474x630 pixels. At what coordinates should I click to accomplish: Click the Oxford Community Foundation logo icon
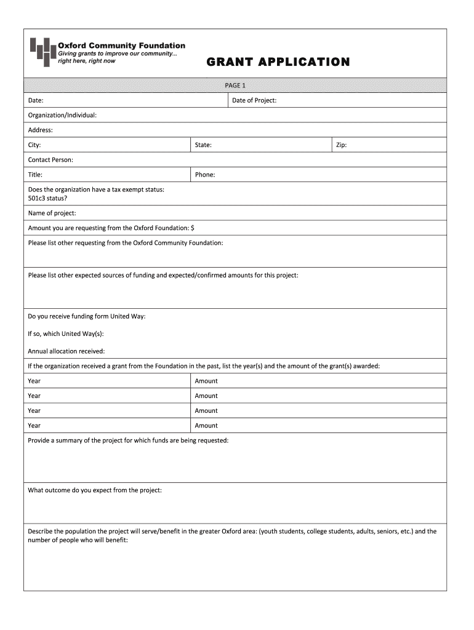click(42, 51)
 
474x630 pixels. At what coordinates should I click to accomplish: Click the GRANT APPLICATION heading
click(278, 62)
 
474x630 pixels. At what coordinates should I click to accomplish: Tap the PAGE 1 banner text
click(235, 86)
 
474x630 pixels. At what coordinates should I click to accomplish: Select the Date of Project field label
click(254, 100)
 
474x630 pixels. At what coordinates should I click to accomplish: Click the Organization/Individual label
click(62, 115)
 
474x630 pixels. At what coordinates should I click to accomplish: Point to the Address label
click(41, 130)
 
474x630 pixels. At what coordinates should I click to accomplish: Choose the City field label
click(34, 145)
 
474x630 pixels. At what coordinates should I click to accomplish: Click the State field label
click(203, 145)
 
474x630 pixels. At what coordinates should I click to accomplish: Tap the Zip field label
click(341, 145)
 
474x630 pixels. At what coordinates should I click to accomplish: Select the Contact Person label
click(50, 160)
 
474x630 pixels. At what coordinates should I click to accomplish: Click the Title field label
click(35, 175)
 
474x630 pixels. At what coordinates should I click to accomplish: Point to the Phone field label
click(205, 175)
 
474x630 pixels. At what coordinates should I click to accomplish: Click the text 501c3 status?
click(48, 198)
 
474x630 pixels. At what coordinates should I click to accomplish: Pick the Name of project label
click(52, 213)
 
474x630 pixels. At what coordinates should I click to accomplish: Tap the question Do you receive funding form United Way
click(87, 316)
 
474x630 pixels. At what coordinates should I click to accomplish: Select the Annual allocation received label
click(66, 351)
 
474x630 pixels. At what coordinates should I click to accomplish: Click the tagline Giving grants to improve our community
click(117, 54)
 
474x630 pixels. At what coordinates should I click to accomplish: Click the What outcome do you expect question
click(95, 490)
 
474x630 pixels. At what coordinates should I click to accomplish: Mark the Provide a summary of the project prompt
click(128, 441)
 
